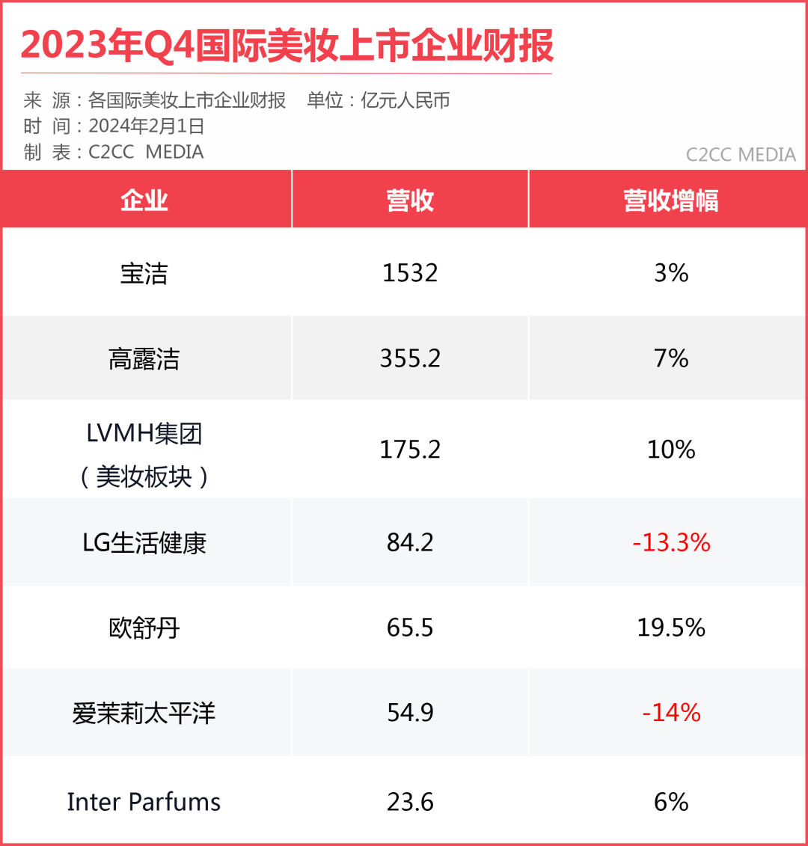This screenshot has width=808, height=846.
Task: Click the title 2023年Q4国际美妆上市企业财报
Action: pyautogui.click(x=287, y=46)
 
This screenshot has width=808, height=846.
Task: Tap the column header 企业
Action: pyautogui.click(x=144, y=200)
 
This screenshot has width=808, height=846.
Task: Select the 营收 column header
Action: pyautogui.click(x=410, y=200)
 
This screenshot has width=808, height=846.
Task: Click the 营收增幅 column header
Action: pyautogui.click(x=670, y=200)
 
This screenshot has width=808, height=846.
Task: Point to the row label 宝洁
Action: pyautogui.click(x=144, y=273)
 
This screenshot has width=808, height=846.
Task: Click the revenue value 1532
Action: pyautogui.click(x=410, y=273)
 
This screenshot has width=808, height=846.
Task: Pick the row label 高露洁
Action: pyautogui.click(x=144, y=359)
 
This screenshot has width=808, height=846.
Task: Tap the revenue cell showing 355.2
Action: pyautogui.click(x=410, y=359)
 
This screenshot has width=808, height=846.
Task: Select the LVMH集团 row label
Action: pyautogui.click(x=144, y=434)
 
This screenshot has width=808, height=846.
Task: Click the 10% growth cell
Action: pyautogui.click(x=670, y=450)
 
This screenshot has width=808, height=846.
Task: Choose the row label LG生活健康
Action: pyautogui.click(x=144, y=542)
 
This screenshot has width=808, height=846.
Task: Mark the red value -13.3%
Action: pyautogui.click(x=670, y=542)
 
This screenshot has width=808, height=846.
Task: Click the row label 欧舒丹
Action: pyautogui.click(x=144, y=628)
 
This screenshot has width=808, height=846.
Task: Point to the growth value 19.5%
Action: pyautogui.click(x=670, y=628)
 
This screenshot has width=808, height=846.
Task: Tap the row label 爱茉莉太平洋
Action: pyautogui.click(x=144, y=713)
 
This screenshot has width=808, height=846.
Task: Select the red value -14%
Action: pyautogui.click(x=670, y=713)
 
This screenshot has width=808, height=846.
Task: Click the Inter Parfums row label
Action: pyautogui.click(x=144, y=802)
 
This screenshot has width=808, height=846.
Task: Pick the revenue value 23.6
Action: pyautogui.click(x=410, y=802)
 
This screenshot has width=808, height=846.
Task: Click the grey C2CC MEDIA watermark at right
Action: pyautogui.click(x=741, y=155)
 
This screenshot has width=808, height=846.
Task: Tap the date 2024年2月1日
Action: pyautogui.click(x=147, y=126)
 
